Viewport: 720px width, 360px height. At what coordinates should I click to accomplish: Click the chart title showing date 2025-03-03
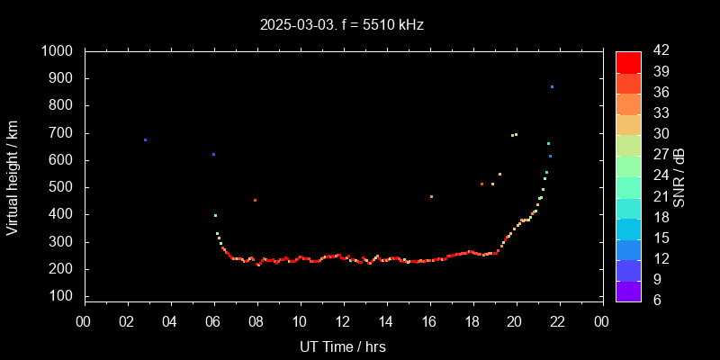342,24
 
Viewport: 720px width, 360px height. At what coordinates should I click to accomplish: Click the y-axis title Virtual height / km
13,176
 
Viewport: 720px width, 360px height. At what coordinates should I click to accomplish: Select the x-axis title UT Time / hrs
343,346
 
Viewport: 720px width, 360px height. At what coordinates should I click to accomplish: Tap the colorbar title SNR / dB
679,176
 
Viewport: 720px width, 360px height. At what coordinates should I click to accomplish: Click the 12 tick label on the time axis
343,321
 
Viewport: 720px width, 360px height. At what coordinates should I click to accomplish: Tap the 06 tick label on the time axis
213,321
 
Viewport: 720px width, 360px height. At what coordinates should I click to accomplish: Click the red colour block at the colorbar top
628,61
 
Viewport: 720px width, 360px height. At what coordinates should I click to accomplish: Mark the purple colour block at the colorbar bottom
628,291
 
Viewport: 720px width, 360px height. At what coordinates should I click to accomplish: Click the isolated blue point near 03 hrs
145,139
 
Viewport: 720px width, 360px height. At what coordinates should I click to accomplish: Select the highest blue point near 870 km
552,86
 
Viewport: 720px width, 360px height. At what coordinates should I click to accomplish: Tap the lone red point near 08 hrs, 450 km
255,200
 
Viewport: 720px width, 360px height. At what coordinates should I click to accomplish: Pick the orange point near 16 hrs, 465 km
431,196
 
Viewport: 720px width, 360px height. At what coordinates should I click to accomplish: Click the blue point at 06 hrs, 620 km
213,154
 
